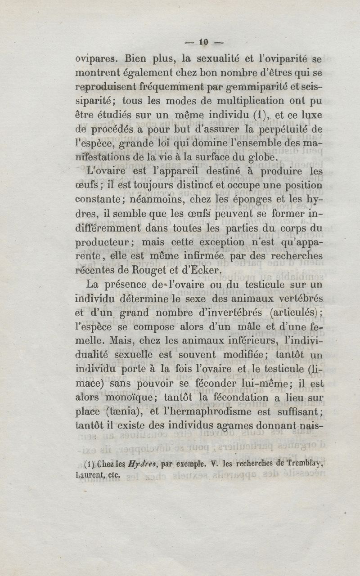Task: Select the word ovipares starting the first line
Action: click(x=92, y=58)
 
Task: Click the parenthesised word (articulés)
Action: click(x=293, y=312)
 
